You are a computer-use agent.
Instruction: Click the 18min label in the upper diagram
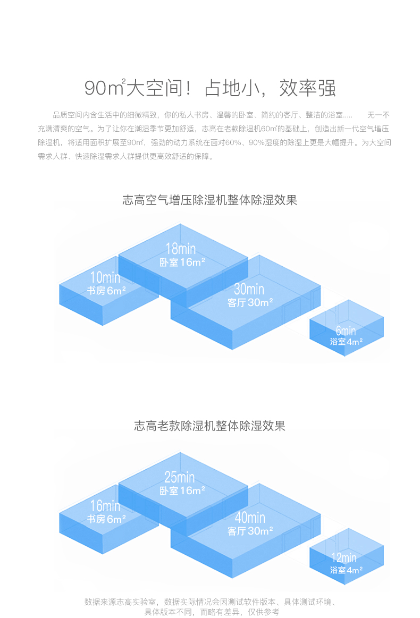tap(180, 248)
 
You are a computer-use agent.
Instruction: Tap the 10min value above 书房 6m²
tap(105, 277)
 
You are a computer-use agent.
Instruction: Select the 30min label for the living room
tap(249, 289)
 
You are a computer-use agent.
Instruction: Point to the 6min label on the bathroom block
tap(346, 331)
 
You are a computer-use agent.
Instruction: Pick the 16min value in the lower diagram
tap(105, 506)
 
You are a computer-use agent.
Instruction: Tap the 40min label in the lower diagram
tap(249, 518)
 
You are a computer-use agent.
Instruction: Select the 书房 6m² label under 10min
tap(106, 291)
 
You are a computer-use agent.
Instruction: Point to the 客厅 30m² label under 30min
tap(250, 302)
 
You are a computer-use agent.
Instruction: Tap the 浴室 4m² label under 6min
tap(346, 342)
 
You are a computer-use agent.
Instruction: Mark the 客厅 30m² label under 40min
tap(250, 531)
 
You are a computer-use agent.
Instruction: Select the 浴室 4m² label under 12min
tap(346, 570)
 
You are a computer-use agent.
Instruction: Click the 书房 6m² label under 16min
tap(106, 519)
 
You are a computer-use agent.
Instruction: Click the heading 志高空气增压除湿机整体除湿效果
tap(209, 200)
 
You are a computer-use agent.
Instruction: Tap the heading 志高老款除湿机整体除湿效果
tap(209, 426)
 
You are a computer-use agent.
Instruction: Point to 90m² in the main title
tap(104, 89)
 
